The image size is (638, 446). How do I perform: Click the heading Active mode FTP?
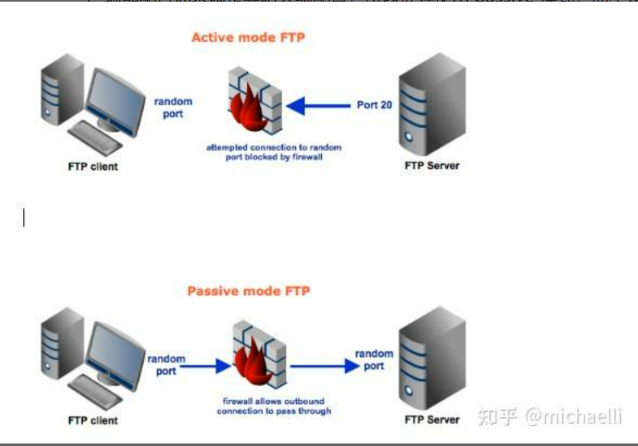(x=248, y=37)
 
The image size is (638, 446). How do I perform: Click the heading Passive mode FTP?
(x=248, y=290)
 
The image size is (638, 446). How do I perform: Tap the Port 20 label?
(x=374, y=105)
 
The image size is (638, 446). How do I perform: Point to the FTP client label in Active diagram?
(x=93, y=167)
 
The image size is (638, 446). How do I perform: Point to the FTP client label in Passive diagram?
(x=93, y=420)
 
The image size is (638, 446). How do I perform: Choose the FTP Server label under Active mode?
(x=432, y=165)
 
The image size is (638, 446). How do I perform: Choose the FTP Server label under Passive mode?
(x=432, y=419)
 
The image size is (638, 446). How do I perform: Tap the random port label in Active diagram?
(x=173, y=108)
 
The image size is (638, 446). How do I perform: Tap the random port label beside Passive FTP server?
(x=374, y=360)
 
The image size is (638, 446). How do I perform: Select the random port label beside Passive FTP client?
(x=166, y=365)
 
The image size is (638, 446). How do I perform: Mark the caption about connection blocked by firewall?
(x=274, y=152)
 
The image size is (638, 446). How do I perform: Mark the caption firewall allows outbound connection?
(x=274, y=406)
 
